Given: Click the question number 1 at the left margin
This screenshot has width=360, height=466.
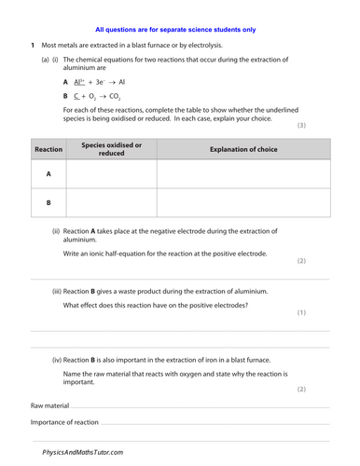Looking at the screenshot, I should point(32,46).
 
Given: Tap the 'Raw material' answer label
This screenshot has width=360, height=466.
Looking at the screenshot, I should point(50,406).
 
